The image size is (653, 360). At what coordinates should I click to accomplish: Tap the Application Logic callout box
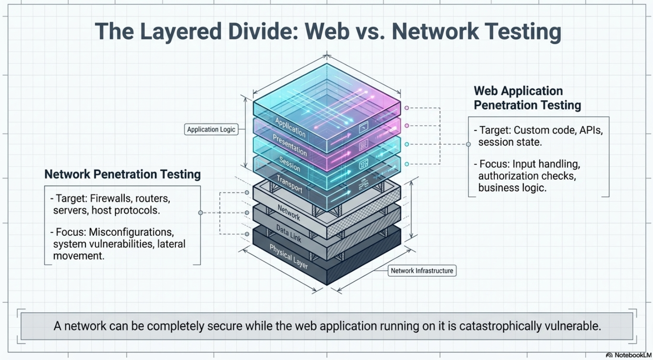click(211, 129)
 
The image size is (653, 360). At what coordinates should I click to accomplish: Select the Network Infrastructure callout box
click(422, 271)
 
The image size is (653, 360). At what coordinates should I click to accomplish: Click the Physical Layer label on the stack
click(288, 257)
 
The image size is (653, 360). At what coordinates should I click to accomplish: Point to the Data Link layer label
click(288, 234)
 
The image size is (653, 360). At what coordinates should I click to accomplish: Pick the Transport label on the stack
click(289, 184)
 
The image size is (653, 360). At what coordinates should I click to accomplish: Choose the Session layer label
click(289, 164)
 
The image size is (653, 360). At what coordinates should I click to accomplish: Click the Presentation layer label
click(289, 145)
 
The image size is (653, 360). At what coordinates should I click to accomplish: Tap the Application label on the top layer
click(290, 127)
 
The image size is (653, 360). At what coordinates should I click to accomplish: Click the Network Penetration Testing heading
click(123, 174)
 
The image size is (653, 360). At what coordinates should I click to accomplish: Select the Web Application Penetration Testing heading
click(527, 98)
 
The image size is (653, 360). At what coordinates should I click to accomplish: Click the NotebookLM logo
click(628, 355)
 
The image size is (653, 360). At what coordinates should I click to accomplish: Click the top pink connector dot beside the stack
click(407, 108)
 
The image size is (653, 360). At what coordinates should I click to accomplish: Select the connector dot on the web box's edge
click(468, 144)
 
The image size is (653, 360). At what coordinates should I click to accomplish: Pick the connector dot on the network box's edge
click(200, 213)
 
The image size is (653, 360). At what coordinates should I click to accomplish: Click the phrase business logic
click(512, 188)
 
